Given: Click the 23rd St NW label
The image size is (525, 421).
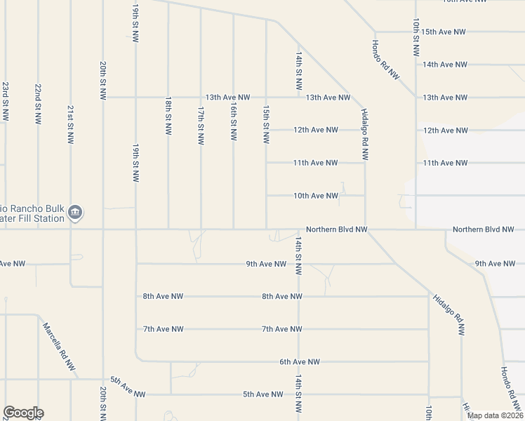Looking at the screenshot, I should (5, 102).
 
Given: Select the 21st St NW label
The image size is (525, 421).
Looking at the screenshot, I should (70, 125).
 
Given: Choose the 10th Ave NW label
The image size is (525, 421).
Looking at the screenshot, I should (316, 196).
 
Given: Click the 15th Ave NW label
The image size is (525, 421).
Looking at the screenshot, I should (444, 32).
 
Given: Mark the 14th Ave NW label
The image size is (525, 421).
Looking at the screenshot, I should (444, 65).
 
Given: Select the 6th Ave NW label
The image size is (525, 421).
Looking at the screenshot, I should (300, 362).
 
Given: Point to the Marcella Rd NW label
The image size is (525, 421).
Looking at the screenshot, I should (59, 347).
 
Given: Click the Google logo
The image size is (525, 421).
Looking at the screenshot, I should (23, 413).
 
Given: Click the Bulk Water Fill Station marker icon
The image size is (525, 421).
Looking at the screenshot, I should (77, 212).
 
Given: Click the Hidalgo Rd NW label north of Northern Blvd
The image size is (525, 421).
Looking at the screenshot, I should (364, 136).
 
